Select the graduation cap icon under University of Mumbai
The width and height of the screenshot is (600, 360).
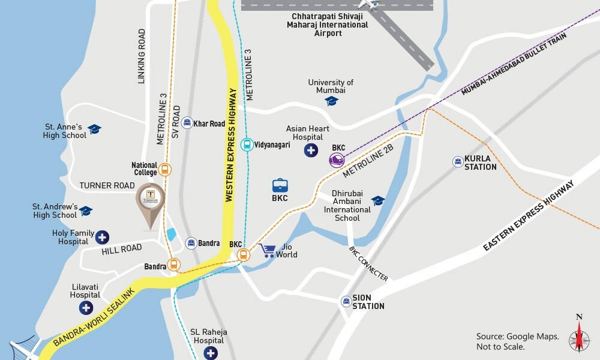332,101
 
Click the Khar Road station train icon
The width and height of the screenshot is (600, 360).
187,123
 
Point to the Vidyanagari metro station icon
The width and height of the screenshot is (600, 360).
246,145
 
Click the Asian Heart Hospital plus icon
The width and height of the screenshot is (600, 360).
311,150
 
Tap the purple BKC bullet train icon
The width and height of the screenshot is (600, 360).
337,160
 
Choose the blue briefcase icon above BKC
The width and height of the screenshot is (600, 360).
280,185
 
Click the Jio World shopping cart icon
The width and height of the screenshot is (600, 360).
267,250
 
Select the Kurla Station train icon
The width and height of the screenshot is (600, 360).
458,161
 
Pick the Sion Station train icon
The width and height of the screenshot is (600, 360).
346,301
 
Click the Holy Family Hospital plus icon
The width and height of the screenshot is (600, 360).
102,237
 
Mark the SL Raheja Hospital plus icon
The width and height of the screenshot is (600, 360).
210,353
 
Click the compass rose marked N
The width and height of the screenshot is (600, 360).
579,333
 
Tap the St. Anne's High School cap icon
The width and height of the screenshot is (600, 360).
94,129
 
